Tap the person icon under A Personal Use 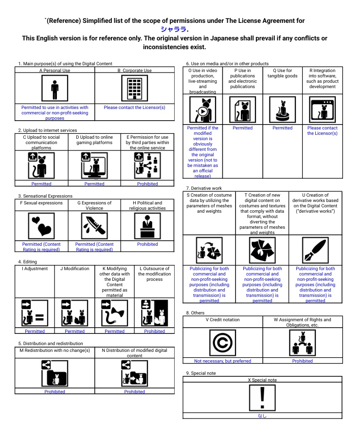[55, 89]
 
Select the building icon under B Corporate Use [134, 89]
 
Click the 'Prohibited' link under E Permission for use [147, 184]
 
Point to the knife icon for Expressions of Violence [94, 226]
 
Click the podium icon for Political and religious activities [147, 226]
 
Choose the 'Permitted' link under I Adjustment [35, 331]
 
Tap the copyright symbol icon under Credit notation [223, 343]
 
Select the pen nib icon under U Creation [315, 250]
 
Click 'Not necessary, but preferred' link [223, 361]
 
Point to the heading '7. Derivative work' [204, 188]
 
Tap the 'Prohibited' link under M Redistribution [54, 391]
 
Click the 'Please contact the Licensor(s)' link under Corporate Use [134, 108]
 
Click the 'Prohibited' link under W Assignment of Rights [303, 361]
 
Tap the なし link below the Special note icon [262, 416]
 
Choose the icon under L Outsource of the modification [154, 313]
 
